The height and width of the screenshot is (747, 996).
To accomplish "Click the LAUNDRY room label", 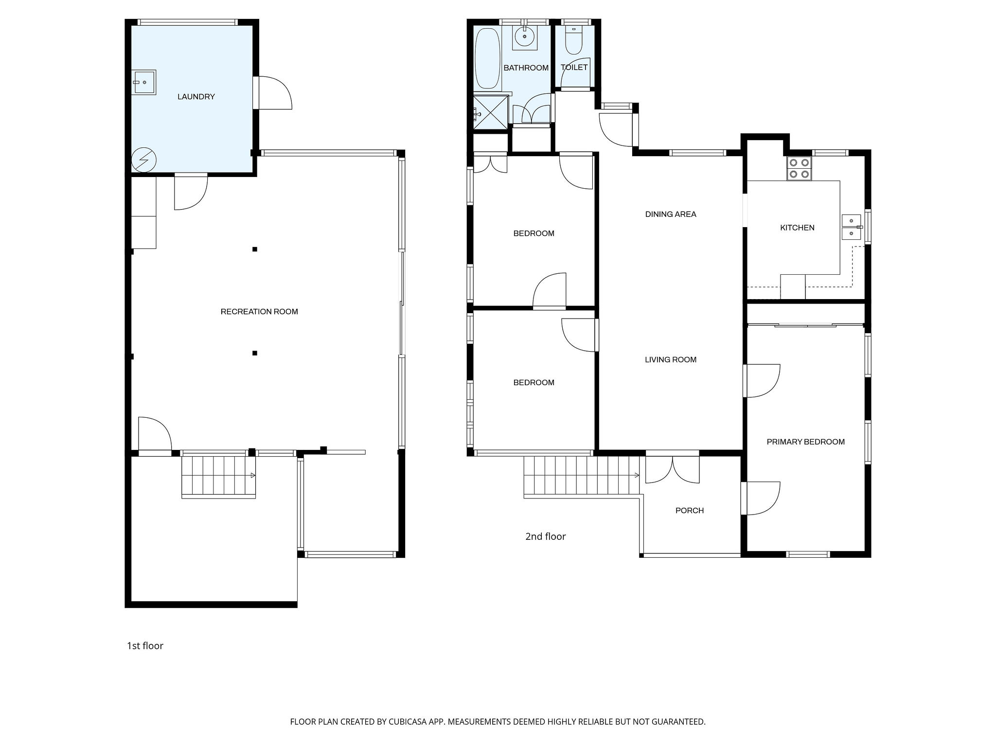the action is click(x=196, y=97).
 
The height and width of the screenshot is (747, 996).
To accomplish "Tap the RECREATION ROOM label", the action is click(x=259, y=312).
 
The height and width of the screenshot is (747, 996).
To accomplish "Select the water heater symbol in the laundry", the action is click(x=144, y=160).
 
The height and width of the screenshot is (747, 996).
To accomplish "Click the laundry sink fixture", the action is click(x=145, y=82).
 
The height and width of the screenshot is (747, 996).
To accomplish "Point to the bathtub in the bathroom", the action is click(x=488, y=59).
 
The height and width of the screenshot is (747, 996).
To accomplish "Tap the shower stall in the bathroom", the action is click(x=491, y=113).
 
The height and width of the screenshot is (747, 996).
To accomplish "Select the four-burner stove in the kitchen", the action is click(x=799, y=168).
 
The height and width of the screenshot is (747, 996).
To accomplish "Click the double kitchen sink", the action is click(x=852, y=227).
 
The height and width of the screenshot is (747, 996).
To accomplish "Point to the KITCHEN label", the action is click(x=797, y=228).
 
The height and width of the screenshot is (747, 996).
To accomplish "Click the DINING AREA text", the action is click(x=671, y=214).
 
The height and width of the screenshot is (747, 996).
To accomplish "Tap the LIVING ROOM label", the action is click(x=671, y=360).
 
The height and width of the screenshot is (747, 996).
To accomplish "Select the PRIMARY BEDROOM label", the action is click(x=805, y=442).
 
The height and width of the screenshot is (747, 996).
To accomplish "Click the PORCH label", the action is click(x=690, y=511).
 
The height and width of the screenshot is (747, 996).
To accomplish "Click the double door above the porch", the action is click(x=673, y=468).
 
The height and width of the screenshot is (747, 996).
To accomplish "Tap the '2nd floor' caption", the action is click(x=546, y=536).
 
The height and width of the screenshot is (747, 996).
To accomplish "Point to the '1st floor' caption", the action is click(x=145, y=646).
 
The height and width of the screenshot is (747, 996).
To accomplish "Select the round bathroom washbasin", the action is click(x=525, y=35).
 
